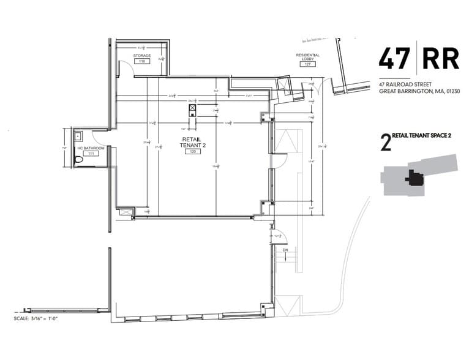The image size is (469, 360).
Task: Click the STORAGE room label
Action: [141, 56]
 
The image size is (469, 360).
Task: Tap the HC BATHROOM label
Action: [91, 148]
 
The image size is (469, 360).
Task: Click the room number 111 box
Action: [91, 154]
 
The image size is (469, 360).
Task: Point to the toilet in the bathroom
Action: [78, 159]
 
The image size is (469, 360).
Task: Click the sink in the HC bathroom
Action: [78, 136]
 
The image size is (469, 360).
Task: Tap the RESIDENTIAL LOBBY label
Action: [308, 57]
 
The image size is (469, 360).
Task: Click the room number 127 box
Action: [308, 64]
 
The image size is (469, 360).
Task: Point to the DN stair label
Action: [285, 250]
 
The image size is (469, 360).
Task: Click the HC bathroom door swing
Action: [100, 137]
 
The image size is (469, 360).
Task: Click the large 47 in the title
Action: [395, 57]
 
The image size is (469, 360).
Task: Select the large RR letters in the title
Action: [440, 57]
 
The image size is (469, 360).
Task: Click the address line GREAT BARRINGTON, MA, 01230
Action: [419, 91]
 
